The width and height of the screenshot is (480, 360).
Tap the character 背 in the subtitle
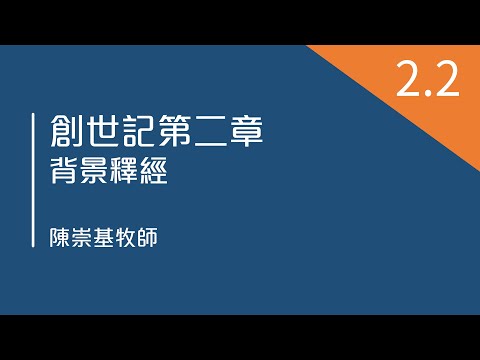[x=67, y=174]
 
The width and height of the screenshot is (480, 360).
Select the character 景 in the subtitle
[x=100, y=174]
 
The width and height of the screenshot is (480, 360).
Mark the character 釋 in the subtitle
[x=133, y=174]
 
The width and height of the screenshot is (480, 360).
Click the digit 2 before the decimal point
[x=409, y=80]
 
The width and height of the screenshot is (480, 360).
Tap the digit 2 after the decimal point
[x=446, y=80]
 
